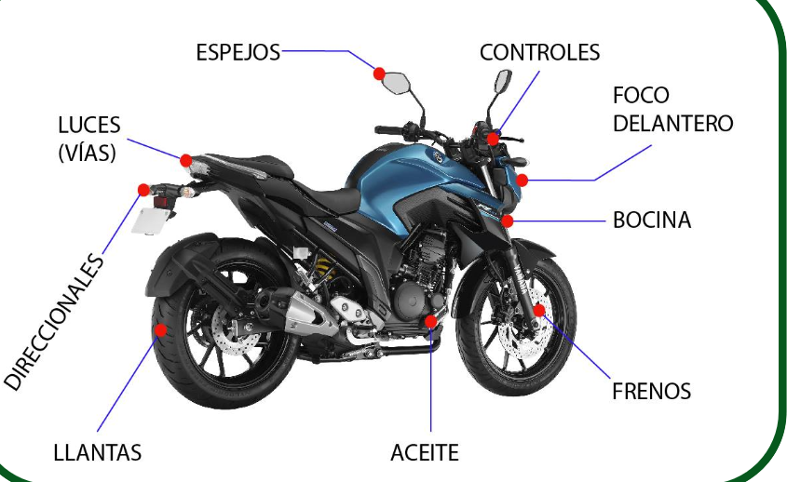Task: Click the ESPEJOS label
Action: click(237, 52)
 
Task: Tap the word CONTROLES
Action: click(539, 52)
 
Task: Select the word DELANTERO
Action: click(673, 124)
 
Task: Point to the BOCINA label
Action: click(652, 221)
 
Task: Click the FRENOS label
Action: click(651, 391)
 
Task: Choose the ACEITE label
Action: click(425, 453)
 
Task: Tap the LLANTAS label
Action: click(98, 453)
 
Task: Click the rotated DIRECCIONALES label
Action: click(54, 322)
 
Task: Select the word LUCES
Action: click(89, 126)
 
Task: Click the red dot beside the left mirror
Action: click(379, 74)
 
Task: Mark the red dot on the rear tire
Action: click(160, 330)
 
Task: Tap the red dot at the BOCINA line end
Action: click(508, 221)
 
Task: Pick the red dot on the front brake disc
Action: click(539, 310)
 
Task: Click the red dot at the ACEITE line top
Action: click(430, 322)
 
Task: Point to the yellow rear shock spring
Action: click(325, 268)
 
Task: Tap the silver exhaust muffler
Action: click(311, 314)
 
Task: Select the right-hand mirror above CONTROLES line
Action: click(502, 82)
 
